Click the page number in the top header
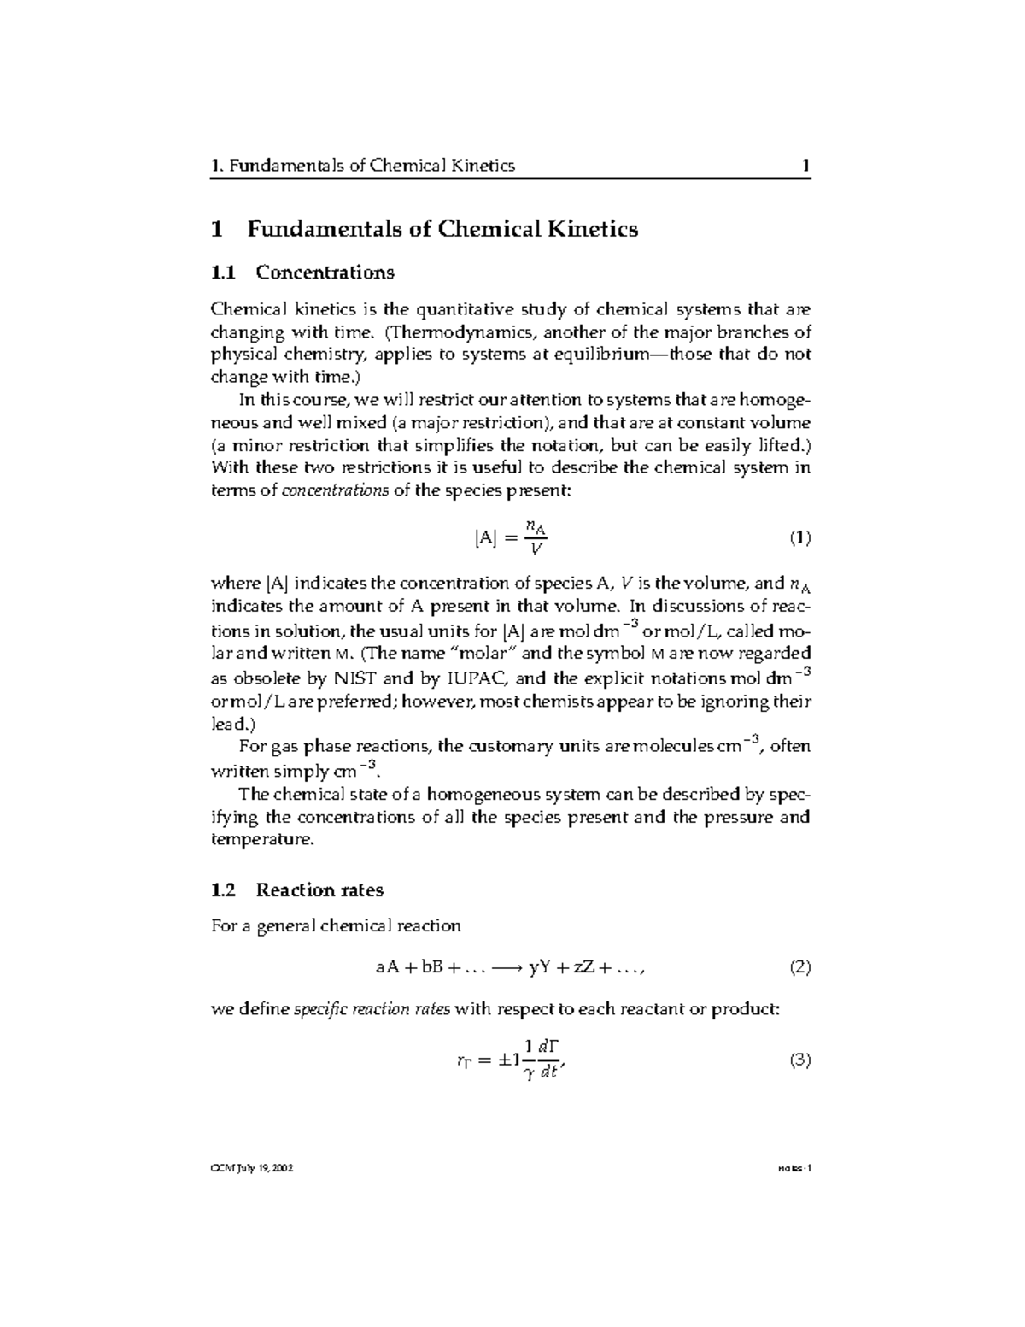point(805,166)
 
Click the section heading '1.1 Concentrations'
point(302,273)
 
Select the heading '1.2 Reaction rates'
point(296,890)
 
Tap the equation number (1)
point(799,538)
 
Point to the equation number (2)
point(799,967)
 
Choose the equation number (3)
point(799,1060)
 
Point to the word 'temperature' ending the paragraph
point(261,839)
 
